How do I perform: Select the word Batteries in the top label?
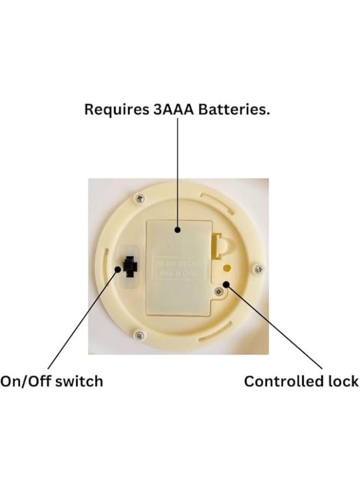click(x=235, y=109)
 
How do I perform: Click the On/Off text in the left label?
click(x=22, y=381)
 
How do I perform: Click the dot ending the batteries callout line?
click(x=178, y=230)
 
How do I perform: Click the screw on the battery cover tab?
click(x=218, y=291)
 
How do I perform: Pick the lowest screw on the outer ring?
click(x=140, y=335)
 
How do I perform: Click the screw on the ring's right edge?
click(x=259, y=268)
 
